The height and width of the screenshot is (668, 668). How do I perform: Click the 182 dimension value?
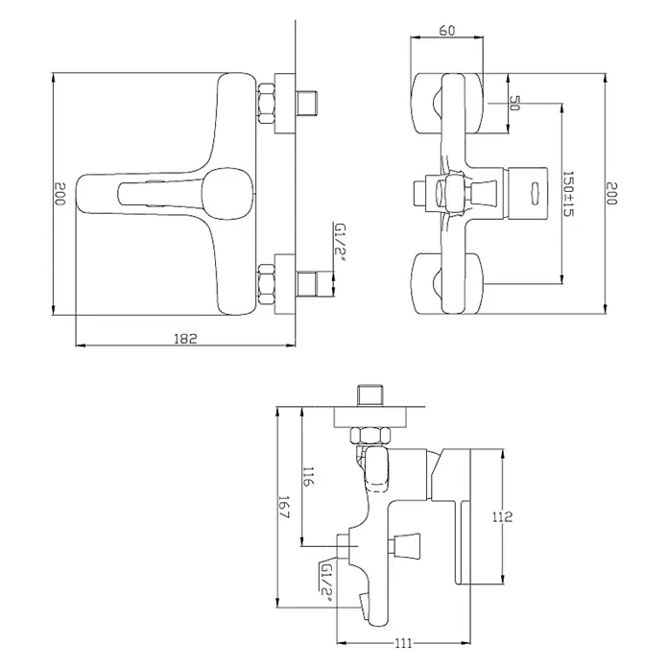point(186,339)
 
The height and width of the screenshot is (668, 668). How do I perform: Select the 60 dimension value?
point(446,31)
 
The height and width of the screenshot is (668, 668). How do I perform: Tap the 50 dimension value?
point(514,103)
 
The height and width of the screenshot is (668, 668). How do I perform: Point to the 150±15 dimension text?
point(568,194)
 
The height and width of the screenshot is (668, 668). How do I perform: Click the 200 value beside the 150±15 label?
point(611,193)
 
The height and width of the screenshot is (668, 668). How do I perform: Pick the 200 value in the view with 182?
point(60,194)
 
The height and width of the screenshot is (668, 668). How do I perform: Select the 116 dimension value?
point(308,476)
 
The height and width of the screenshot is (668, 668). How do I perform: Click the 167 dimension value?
point(284,507)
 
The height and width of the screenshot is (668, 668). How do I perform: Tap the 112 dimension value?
point(502,516)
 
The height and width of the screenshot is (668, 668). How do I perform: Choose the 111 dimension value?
point(403,643)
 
